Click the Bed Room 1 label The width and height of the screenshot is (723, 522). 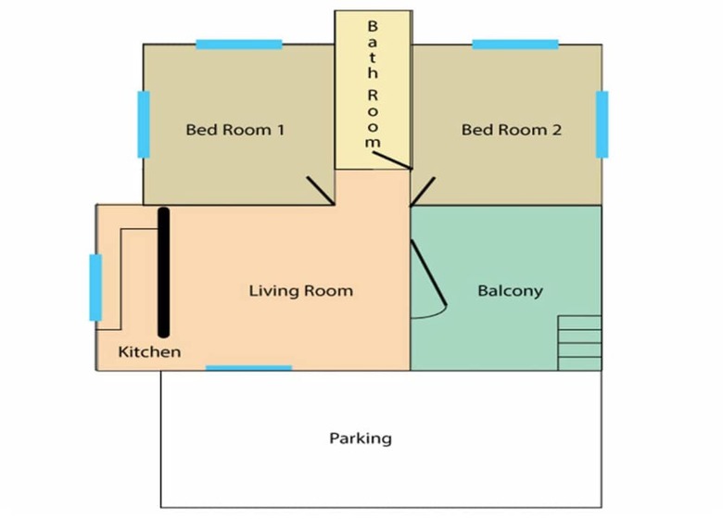[235, 130]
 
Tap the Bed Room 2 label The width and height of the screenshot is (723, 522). [512, 130]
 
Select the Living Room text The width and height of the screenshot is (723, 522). [301, 291]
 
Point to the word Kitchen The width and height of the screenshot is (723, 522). [149, 351]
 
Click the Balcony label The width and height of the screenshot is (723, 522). [510, 291]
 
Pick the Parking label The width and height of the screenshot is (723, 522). [361, 438]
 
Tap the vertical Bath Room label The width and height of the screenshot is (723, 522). [373, 84]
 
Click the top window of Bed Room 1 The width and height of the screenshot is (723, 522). [239, 45]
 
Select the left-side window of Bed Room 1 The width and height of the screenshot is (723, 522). [144, 124]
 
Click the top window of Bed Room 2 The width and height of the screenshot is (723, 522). [515, 45]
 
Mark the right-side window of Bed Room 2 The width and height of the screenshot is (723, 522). [602, 124]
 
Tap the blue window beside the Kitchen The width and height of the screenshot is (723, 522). [95, 287]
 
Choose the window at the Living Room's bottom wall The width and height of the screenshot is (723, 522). [248, 368]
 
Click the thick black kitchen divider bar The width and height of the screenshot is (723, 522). [164, 273]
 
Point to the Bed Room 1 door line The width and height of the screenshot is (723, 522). [321, 190]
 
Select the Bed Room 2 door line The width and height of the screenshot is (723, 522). [423, 191]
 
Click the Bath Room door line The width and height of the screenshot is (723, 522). [392, 160]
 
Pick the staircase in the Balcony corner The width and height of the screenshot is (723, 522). [579, 343]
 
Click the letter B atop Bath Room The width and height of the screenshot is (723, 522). [373, 26]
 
